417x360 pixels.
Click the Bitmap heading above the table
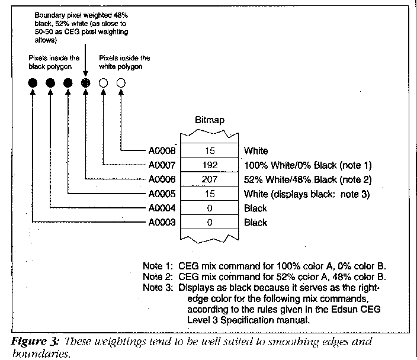[x=210, y=121]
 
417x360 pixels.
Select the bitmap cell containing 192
[x=210, y=164]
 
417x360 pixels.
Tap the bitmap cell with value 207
[x=210, y=179]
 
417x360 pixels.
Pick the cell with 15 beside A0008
[x=210, y=150]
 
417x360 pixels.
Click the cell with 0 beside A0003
[x=210, y=223]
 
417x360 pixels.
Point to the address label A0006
[x=162, y=179]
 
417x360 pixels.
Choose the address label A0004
[x=162, y=208]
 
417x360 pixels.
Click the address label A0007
[x=162, y=165]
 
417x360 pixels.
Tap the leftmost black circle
[x=32, y=83]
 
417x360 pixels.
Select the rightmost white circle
[x=121, y=83]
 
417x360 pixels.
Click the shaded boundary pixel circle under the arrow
[x=86, y=83]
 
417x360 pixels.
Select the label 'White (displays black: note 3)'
[x=304, y=194]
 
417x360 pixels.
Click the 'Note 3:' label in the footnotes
[x=156, y=288]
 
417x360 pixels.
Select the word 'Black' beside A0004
[x=255, y=208]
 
